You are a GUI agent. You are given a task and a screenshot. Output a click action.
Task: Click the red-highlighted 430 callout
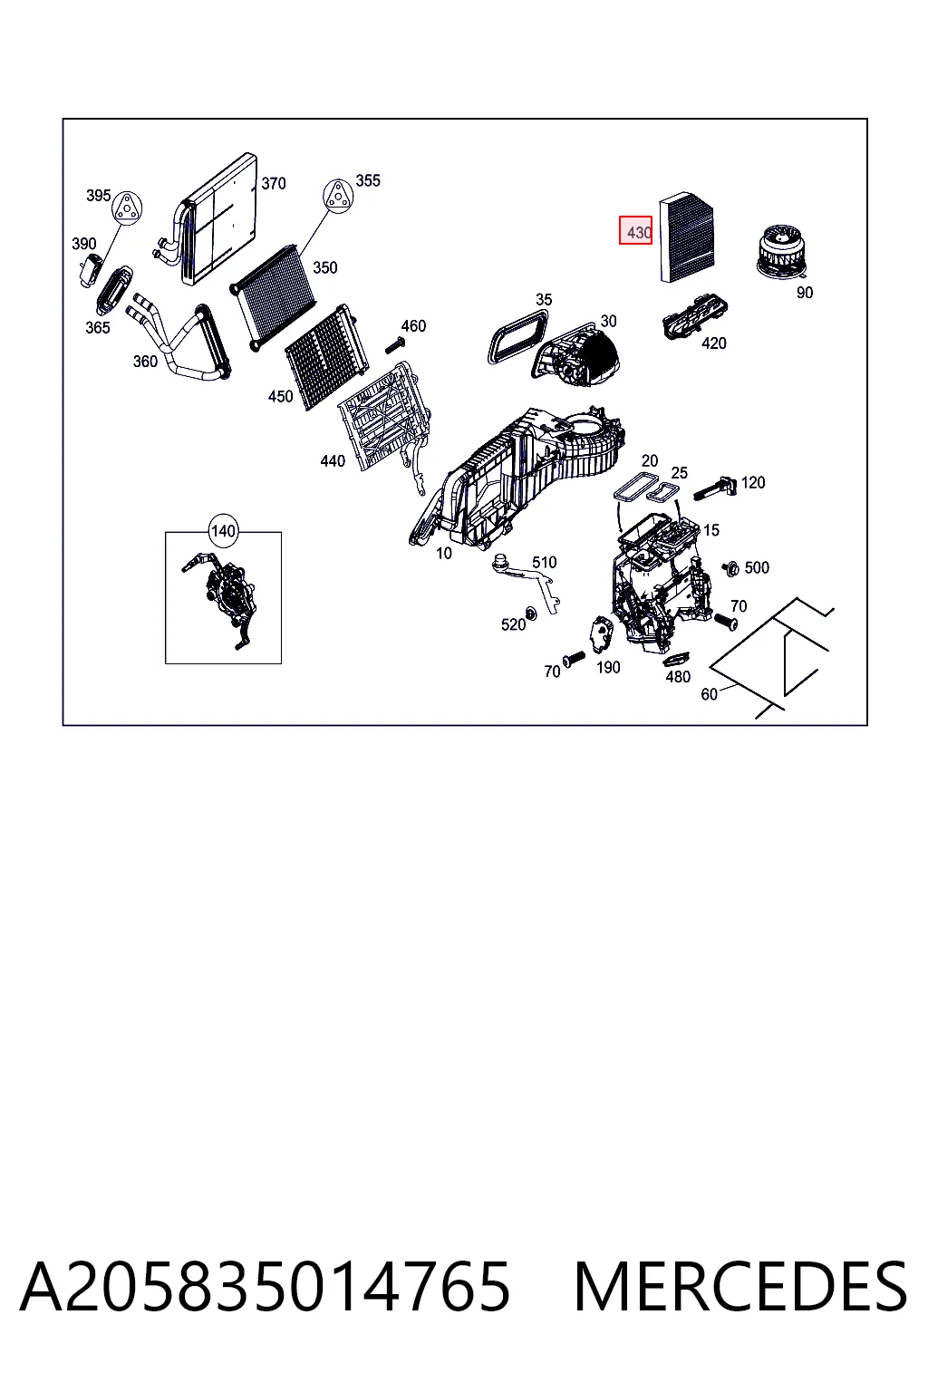click(x=635, y=230)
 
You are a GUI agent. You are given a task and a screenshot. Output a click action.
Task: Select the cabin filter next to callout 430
click(x=686, y=237)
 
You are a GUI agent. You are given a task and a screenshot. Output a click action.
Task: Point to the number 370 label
click(x=274, y=183)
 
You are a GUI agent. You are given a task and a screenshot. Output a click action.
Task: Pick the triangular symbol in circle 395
click(x=127, y=208)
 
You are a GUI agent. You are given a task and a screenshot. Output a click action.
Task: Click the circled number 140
click(x=223, y=531)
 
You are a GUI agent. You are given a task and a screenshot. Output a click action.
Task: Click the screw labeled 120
click(x=714, y=487)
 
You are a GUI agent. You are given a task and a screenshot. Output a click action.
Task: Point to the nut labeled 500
click(x=731, y=567)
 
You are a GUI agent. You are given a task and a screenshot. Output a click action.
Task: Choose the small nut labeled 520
click(x=531, y=614)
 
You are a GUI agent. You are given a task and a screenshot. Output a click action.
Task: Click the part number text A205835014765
click(x=265, y=1287)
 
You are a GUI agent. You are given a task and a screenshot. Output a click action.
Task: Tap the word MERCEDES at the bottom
click(x=740, y=1287)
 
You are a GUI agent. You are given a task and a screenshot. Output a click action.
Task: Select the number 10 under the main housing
click(x=444, y=553)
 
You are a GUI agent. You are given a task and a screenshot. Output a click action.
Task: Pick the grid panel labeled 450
click(x=325, y=357)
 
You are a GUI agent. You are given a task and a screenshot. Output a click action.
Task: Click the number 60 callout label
click(x=710, y=694)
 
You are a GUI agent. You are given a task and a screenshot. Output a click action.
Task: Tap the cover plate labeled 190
click(x=599, y=633)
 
